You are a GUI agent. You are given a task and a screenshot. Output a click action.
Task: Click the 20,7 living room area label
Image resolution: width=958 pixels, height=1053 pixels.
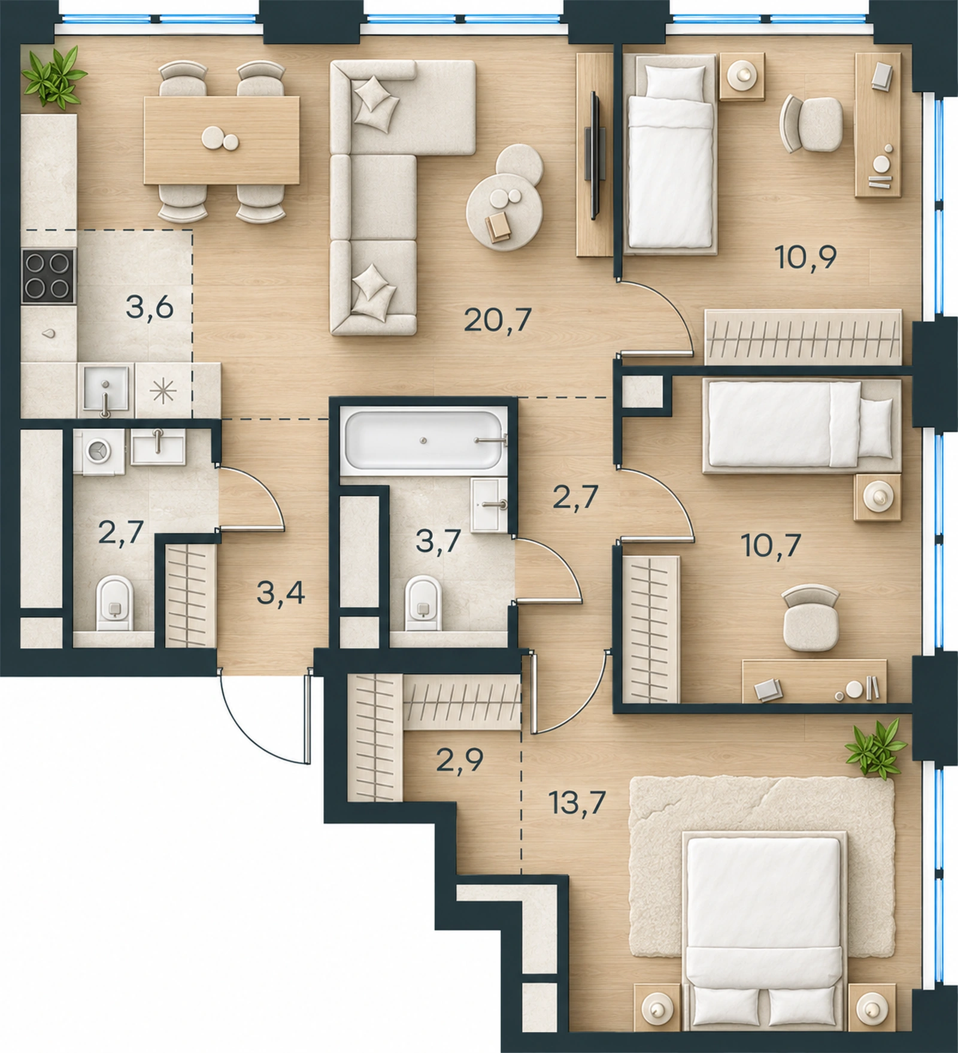pyautogui.click(x=498, y=319)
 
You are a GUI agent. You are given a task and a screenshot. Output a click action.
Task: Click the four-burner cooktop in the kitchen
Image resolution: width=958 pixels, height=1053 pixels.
pyautogui.click(x=48, y=276)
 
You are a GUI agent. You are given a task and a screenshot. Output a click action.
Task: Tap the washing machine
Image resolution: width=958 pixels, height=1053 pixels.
pyautogui.click(x=99, y=452)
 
